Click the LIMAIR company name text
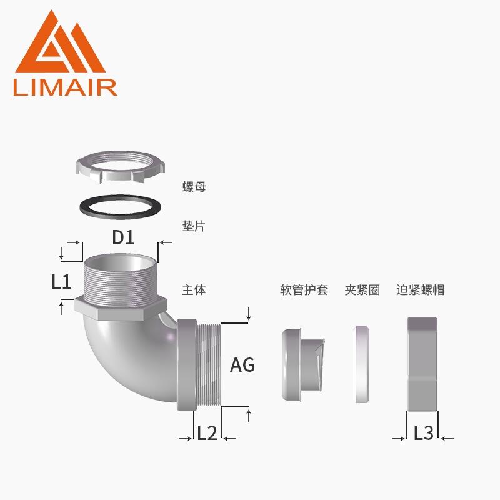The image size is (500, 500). pos(66,87)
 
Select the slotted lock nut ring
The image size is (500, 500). pos(120,167)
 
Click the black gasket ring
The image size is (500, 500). pos(120,207)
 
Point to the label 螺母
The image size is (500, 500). pos(194,187)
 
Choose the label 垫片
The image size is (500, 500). pos(194,226)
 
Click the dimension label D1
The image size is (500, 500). pos(123,237)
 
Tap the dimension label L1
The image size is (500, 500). pos(61,282)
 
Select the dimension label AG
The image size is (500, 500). pos(242,365)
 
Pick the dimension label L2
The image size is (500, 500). pos(207,432)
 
